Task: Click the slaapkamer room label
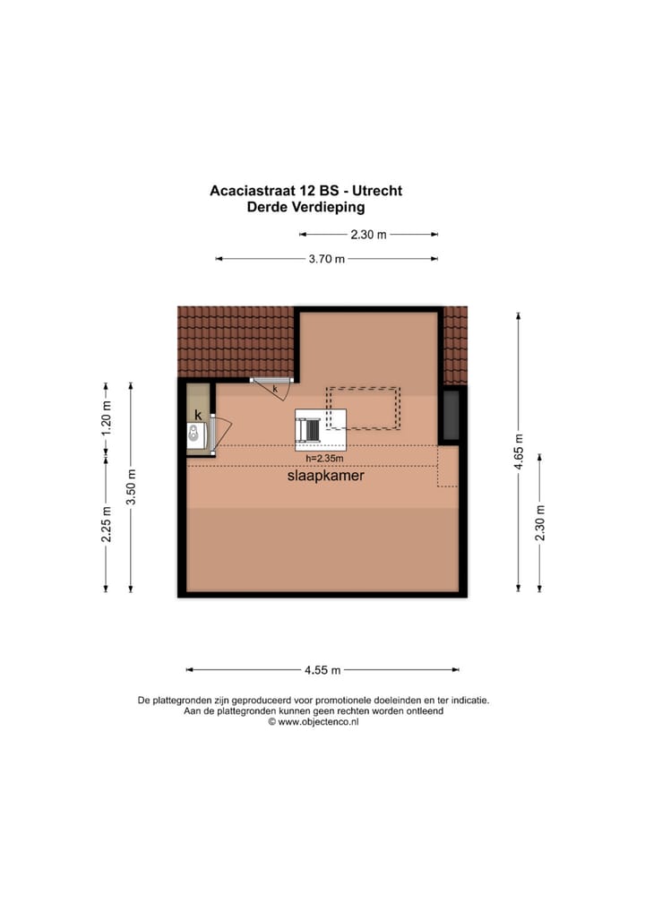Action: [324, 478]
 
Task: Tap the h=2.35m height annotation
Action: [325, 460]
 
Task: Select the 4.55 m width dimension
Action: [322, 670]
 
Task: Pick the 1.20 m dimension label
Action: [107, 418]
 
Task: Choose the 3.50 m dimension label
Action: [131, 488]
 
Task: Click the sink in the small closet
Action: [195, 435]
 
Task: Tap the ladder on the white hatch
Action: [311, 431]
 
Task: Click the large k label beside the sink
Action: [198, 415]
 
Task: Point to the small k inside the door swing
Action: [275, 389]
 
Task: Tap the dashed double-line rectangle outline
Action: [363, 408]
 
